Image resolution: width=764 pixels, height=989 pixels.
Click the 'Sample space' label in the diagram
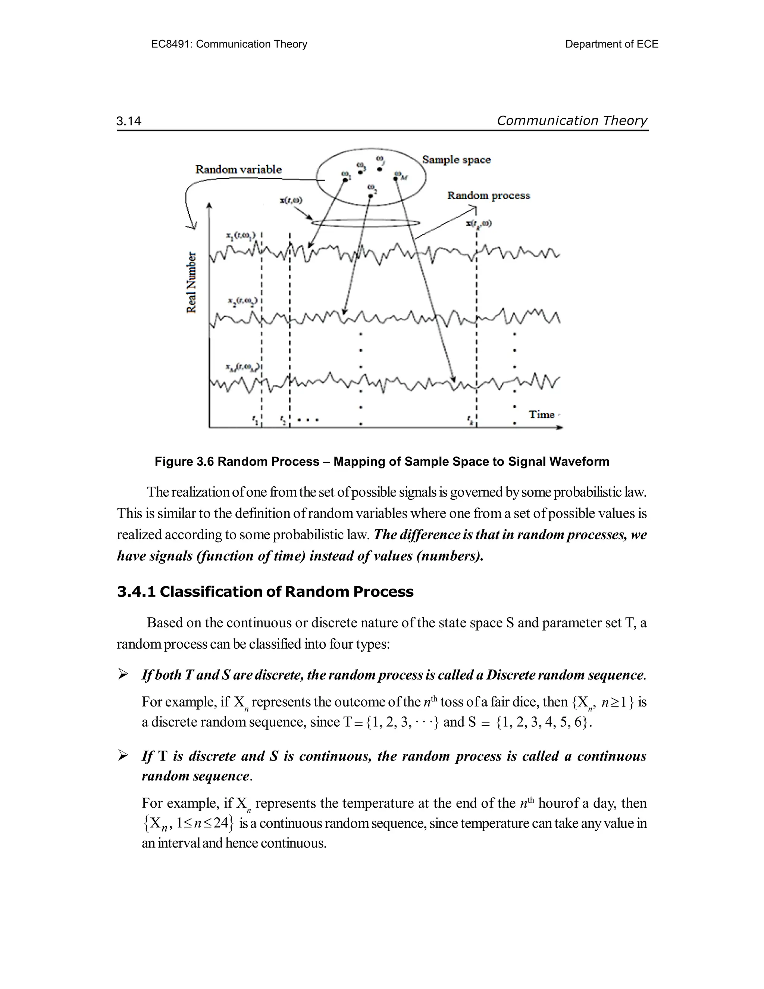pyautogui.click(x=456, y=159)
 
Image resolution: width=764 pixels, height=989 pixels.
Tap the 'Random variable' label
pyautogui.click(x=238, y=169)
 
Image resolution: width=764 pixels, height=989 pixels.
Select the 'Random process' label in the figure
pyautogui.click(x=488, y=196)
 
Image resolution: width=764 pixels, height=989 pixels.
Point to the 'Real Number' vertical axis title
pyautogui.click(x=192, y=282)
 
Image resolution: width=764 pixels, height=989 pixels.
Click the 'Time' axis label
pyautogui.click(x=542, y=414)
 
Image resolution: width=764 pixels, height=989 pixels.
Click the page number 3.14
pyautogui.click(x=129, y=121)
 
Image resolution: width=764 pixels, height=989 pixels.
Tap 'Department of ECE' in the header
pyautogui.click(x=611, y=44)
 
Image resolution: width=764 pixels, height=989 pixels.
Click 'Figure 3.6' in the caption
pyautogui.click(x=184, y=461)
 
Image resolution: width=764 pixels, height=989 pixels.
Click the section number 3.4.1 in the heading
pyautogui.click(x=136, y=592)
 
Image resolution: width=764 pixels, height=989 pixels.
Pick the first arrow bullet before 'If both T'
pyautogui.click(x=123, y=675)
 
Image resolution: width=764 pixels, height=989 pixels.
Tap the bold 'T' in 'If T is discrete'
pyautogui.click(x=163, y=756)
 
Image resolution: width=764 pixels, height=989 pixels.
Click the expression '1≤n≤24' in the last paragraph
pyautogui.click(x=204, y=823)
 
